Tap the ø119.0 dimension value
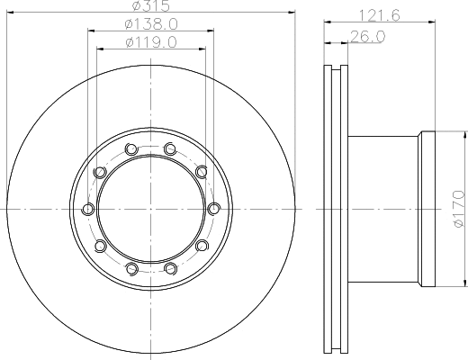coord(150,41)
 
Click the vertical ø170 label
coord(457,207)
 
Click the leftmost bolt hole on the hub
coord(87,209)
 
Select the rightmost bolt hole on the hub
coord(213,209)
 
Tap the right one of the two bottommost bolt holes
coord(170,268)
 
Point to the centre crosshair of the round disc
coord(150,209)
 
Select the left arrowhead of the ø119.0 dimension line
coord(100,49)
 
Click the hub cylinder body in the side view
coord(382,209)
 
